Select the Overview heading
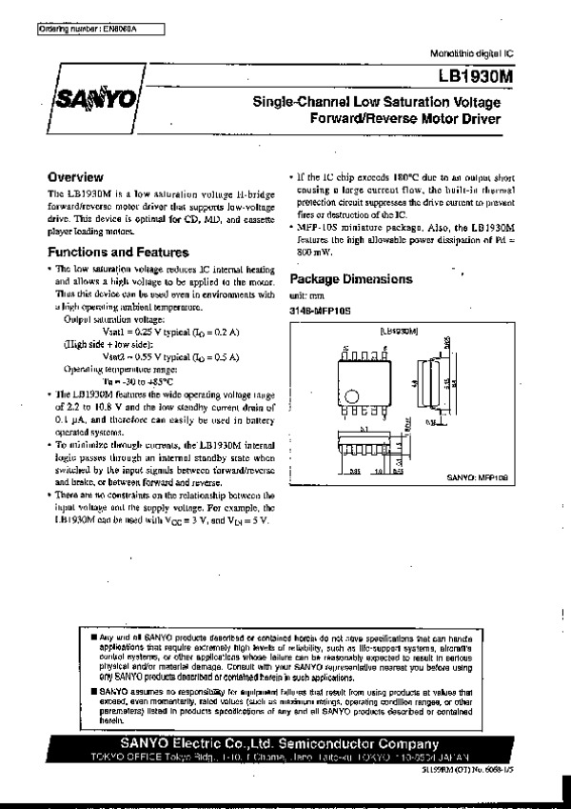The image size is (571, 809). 75,177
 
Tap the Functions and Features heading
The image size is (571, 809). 118,253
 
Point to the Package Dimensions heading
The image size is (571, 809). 351,279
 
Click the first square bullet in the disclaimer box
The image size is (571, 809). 93,636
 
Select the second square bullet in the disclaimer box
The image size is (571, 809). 93,689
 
